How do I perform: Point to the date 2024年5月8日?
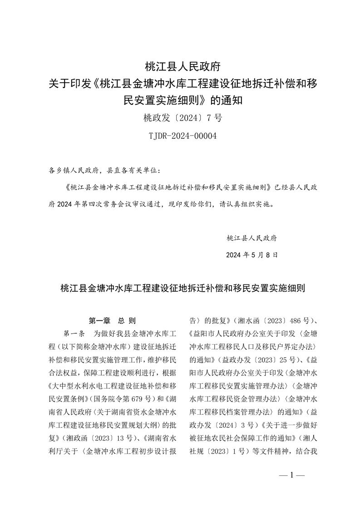[x=252, y=255]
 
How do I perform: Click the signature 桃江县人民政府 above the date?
[x=254, y=238]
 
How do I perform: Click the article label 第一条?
[x=74, y=334]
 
